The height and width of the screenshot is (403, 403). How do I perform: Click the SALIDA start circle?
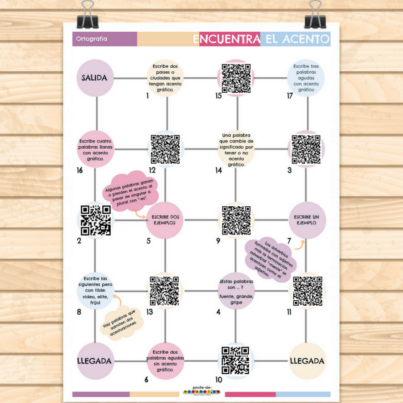(95, 78)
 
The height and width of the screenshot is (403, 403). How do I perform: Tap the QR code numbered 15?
(236, 78)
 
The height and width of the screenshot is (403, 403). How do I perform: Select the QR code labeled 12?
(165, 149)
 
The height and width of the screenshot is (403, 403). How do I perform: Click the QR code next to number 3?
(306, 149)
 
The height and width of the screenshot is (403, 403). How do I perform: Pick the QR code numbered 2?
(95, 220)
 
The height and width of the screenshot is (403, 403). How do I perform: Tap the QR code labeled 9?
(236, 220)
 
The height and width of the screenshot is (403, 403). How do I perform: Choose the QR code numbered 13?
(164, 291)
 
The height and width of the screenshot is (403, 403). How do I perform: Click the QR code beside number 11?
(307, 291)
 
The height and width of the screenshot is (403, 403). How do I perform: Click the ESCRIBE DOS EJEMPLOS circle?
(165, 220)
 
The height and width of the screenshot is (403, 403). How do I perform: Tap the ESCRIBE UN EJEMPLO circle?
(307, 220)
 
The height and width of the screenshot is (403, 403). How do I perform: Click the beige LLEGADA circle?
(307, 361)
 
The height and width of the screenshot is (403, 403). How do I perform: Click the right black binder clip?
(315, 16)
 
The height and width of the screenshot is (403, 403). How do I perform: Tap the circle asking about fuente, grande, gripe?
(236, 291)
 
